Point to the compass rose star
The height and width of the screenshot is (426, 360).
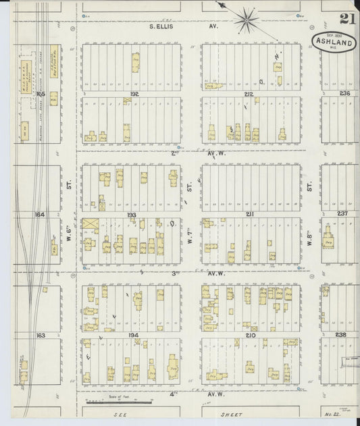pos(247,20)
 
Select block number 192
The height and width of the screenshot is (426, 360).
pos(134,94)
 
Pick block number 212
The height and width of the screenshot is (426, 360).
pos(249,94)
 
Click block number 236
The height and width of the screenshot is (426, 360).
pos(345,94)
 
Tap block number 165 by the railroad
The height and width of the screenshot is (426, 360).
pos(40,94)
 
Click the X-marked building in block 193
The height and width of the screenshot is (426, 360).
pos(91,225)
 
